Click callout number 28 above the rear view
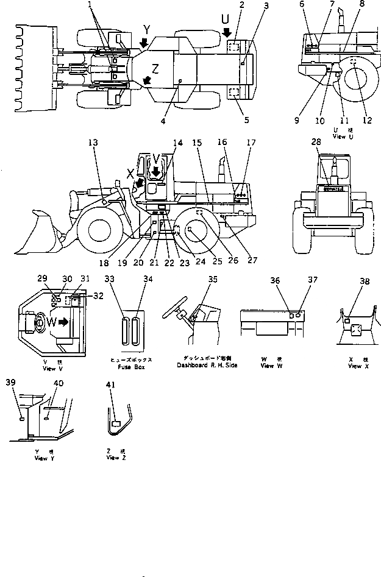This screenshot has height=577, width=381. pyautogui.click(x=315, y=142)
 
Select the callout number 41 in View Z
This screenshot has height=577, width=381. pyautogui.click(x=110, y=385)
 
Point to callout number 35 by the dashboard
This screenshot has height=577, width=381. pyautogui.click(x=212, y=280)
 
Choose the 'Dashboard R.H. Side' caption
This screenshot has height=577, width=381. pyautogui.click(x=207, y=365)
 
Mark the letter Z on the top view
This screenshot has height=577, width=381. pyautogui.click(x=155, y=69)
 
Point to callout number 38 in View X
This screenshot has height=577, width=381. pyautogui.click(x=365, y=282)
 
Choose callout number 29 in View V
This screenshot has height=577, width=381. pyautogui.click(x=42, y=278)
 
